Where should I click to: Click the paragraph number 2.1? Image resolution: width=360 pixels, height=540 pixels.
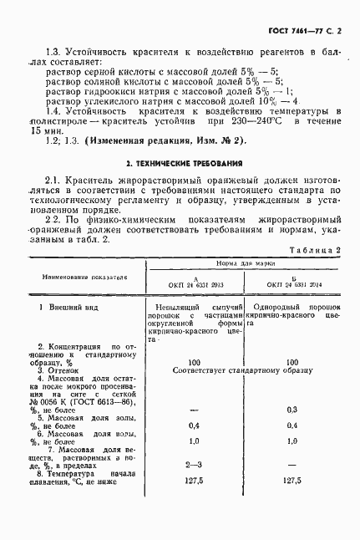53,180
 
